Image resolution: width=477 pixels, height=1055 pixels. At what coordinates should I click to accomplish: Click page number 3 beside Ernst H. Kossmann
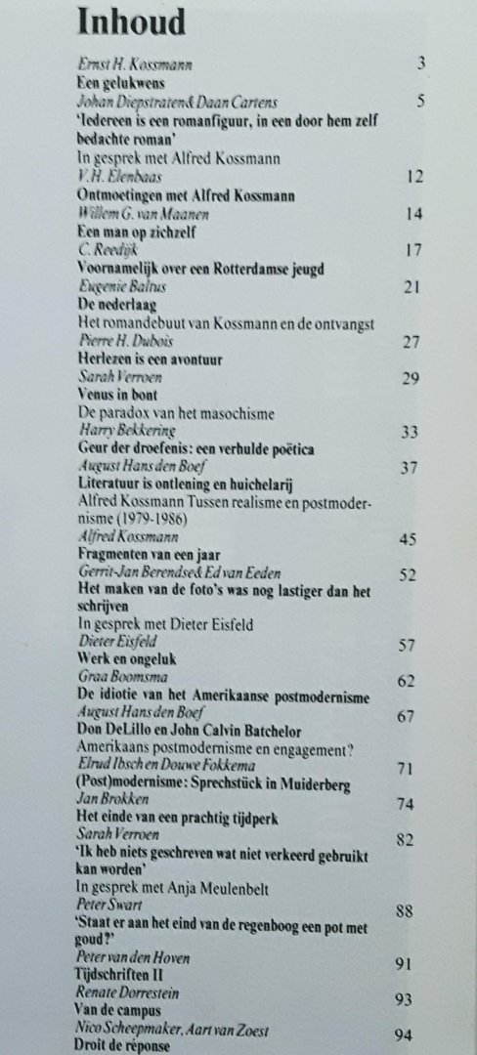click(420, 65)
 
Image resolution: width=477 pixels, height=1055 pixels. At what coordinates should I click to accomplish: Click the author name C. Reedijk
click(104, 248)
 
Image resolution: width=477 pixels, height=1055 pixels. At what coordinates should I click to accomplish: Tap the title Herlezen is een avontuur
click(150, 359)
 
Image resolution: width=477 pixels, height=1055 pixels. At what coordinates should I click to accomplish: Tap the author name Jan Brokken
click(108, 807)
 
